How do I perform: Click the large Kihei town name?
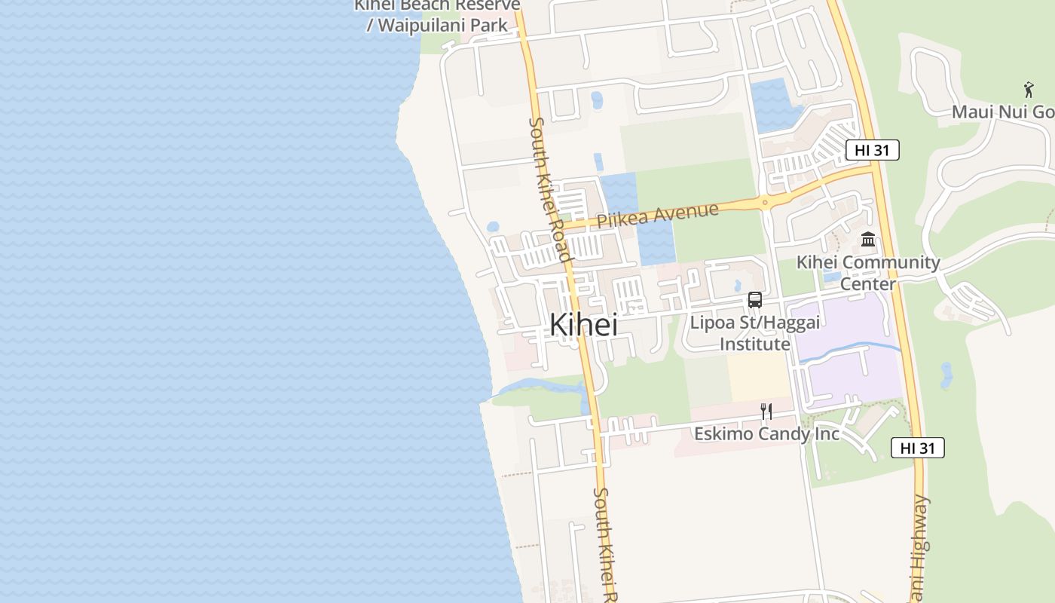[x=583, y=325]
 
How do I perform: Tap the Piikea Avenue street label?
[x=657, y=215]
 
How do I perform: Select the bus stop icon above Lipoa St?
[x=754, y=300]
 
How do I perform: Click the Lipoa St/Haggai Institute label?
[x=754, y=332]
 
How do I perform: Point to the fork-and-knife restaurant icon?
[x=766, y=411]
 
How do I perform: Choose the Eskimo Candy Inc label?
[x=766, y=434]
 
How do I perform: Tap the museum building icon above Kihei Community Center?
[x=868, y=240]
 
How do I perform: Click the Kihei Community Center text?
[x=868, y=272]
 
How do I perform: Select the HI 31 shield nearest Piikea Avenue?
[x=872, y=150]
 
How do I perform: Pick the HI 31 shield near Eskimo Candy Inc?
[x=917, y=448]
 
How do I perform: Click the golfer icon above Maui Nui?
[x=1029, y=90]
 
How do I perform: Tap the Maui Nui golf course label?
[x=1002, y=112]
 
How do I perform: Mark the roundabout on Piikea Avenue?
[x=765, y=202]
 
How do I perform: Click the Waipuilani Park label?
[x=438, y=24]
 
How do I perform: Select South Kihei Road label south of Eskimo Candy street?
[x=604, y=543]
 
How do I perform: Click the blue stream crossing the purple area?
[x=852, y=350]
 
